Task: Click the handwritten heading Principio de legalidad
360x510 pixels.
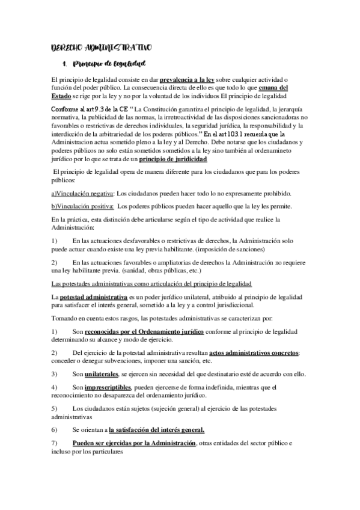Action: tap(109, 63)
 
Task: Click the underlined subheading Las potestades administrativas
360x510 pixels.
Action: tap(151, 284)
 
